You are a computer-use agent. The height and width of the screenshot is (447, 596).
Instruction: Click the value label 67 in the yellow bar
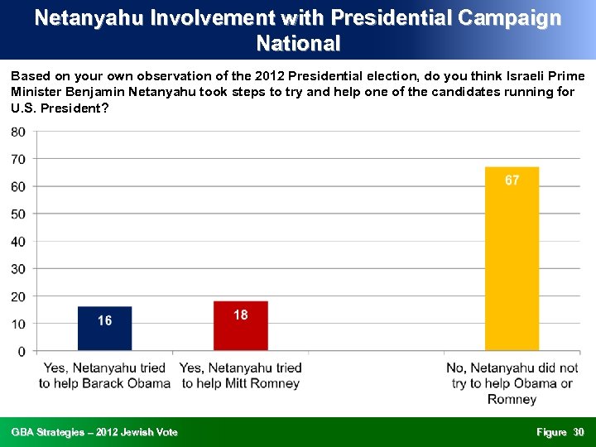pos(512,180)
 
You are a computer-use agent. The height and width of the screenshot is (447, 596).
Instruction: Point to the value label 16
pos(104,320)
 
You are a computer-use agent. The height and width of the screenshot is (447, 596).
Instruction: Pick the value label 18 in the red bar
pos(240,315)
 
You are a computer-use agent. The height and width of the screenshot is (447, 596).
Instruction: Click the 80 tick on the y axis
pos(17,132)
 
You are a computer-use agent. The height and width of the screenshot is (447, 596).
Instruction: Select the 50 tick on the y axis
pos(17,214)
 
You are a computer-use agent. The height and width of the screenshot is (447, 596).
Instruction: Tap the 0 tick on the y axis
pos(21,351)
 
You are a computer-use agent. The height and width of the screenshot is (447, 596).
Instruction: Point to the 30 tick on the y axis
pos(17,269)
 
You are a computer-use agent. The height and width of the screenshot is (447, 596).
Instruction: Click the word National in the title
pos(298,43)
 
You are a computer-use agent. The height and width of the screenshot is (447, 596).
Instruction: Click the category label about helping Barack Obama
pos(104,375)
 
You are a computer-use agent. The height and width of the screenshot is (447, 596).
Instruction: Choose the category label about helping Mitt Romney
pos(240,375)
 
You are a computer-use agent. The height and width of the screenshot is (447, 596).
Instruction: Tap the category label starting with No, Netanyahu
pos(512,382)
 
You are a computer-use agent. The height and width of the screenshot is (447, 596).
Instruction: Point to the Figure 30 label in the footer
pos(560,432)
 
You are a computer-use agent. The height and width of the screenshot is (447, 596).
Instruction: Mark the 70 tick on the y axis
pos(17,159)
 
